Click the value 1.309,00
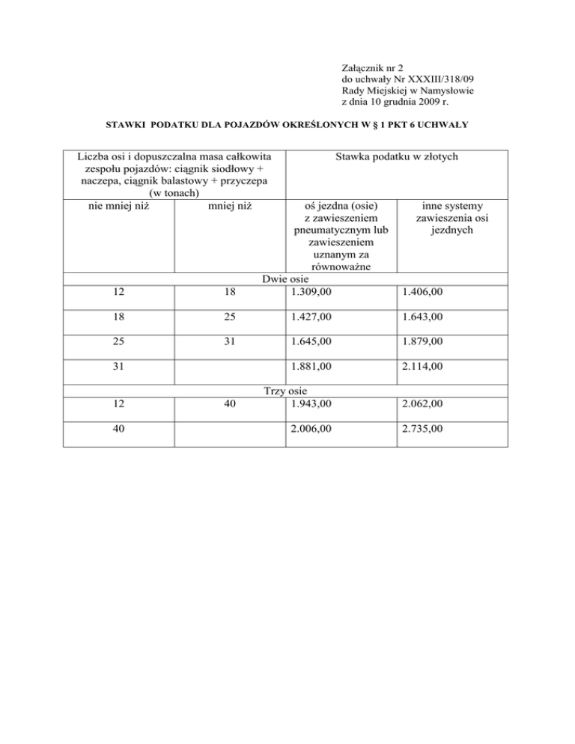308,291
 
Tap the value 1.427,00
308,317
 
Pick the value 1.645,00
308,344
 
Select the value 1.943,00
308,403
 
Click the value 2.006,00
308,429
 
